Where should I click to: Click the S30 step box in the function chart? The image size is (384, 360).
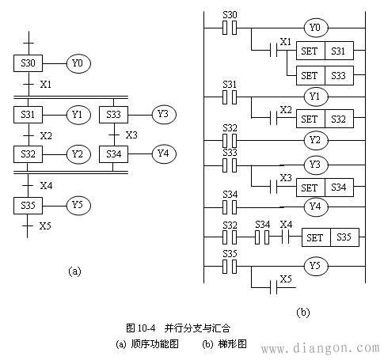click(x=28, y=63)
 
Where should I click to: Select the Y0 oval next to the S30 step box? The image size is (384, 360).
click(x=78, y=63)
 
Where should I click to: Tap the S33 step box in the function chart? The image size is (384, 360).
click(x=113, y=115)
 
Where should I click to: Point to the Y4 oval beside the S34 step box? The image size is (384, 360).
click(x=164, y=153)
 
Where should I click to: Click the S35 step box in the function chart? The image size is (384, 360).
click(x=28, y=206)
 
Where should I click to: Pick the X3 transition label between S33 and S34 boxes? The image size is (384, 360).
click(x=131, y=135)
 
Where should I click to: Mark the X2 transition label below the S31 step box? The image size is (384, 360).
click(x=46, y=136)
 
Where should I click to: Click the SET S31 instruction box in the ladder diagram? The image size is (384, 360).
click(x=325, y=51)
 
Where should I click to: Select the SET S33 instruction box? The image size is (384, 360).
click(x=325, y=76)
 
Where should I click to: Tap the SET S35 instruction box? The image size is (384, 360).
click(x=330, y=237)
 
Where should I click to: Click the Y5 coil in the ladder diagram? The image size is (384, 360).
click(x=316, y=266)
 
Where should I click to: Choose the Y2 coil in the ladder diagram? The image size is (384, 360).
click(x=316, y=140)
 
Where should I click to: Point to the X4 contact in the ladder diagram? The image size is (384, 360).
click(x=286, y=237)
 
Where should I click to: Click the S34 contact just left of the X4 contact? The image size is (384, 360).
click(x=262, y=237)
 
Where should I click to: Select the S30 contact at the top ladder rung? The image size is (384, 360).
click(x=230, y=28)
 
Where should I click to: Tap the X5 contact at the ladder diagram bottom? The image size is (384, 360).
click(x=274, y=287)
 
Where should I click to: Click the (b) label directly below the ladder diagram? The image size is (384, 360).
click(x=302, y=313)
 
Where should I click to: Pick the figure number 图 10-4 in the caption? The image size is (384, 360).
click(x=141, y=328)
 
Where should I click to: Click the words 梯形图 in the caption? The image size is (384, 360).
click(x=233, y=344)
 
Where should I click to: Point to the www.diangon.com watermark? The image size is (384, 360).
click(x=321, y=348)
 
